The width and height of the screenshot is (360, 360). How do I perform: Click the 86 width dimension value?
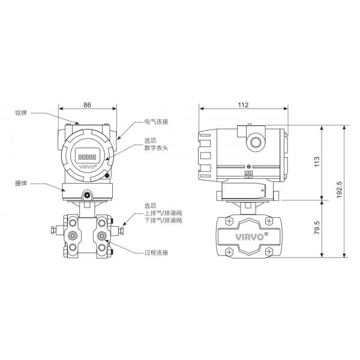(87, 105)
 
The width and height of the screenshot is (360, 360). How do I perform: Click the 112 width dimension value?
(243, 105)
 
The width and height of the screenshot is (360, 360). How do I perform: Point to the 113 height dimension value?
(317, 161)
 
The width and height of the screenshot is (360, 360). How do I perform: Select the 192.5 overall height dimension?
(339, 190)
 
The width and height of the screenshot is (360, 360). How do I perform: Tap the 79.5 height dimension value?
(317, 227)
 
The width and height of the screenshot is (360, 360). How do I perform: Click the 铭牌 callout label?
(21, 113)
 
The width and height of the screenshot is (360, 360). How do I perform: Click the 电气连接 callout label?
(156, 122)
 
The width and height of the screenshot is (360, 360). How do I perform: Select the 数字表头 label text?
(156, 148)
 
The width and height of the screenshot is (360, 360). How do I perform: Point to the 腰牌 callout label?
(21, 183)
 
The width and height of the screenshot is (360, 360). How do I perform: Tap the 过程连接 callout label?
(156, 253)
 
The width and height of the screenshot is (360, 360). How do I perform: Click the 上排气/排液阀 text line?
(163, 213)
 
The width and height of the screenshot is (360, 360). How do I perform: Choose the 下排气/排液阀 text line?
(163, 220)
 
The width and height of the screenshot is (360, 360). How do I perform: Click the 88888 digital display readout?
(87, 157)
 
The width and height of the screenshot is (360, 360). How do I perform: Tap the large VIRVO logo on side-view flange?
(251, 236)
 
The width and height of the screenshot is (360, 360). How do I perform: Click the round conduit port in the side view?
(256, 142)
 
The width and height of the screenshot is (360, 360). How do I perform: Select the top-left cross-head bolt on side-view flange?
(229, 221)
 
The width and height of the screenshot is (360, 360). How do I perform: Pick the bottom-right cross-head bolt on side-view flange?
(269, 252)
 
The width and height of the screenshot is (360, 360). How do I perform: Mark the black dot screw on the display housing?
(107, 176)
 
